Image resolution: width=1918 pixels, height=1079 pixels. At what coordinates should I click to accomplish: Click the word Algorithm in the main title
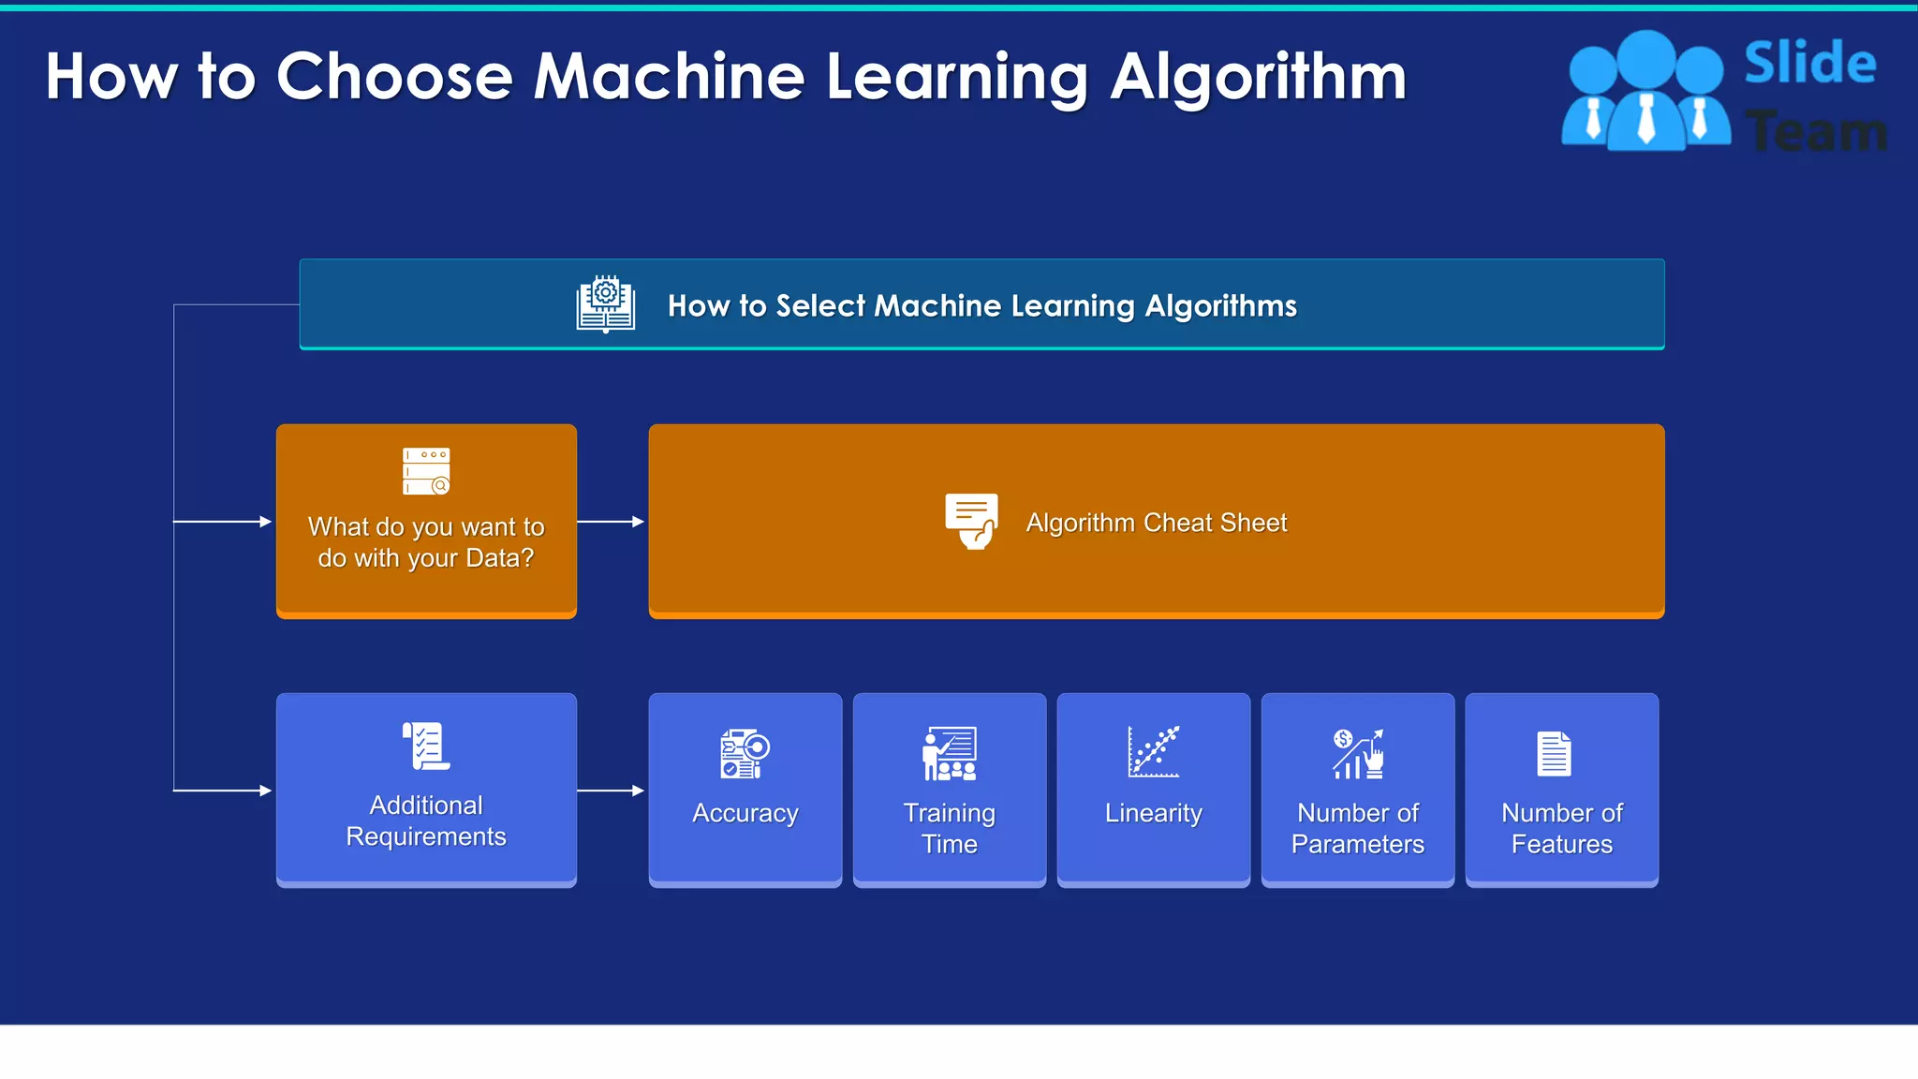point(1258,77)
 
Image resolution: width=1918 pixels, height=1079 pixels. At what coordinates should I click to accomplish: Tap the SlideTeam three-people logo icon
point(1645,92)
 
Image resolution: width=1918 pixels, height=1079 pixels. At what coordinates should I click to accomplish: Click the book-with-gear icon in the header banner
point(605,304)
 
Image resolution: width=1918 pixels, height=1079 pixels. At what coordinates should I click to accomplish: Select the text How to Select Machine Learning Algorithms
point(981,305)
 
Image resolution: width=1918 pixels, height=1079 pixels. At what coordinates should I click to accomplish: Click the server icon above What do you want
point(426,471)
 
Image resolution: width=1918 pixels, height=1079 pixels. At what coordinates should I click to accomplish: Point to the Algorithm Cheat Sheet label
point(1156,523)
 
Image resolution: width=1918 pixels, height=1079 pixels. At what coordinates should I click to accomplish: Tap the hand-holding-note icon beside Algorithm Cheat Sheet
point(971,521)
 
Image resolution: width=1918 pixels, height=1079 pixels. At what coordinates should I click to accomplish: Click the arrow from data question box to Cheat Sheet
point(612,522)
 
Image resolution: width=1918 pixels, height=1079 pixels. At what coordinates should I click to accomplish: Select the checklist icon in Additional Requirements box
point(426,746)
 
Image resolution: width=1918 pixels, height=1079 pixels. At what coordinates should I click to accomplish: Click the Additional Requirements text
point(426,820)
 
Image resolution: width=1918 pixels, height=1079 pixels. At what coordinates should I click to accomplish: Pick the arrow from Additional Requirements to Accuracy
point(612,791)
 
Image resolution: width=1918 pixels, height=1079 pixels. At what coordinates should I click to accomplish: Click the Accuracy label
point(745,813)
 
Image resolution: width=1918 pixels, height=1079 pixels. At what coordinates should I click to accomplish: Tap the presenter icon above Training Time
point(949,753)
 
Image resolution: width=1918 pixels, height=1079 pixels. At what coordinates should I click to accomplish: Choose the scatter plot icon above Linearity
point(1153,751)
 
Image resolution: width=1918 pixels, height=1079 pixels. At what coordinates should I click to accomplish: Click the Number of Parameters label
point(1357,828)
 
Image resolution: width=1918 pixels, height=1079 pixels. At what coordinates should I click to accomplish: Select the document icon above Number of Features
point(1554,754)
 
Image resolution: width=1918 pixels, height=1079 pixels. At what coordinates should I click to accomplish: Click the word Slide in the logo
point(1809,64)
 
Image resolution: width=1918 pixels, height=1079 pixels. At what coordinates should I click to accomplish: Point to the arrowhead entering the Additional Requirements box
point(265,791)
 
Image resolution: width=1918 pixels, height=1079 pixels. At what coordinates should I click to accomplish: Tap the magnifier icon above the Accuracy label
point(745,753)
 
